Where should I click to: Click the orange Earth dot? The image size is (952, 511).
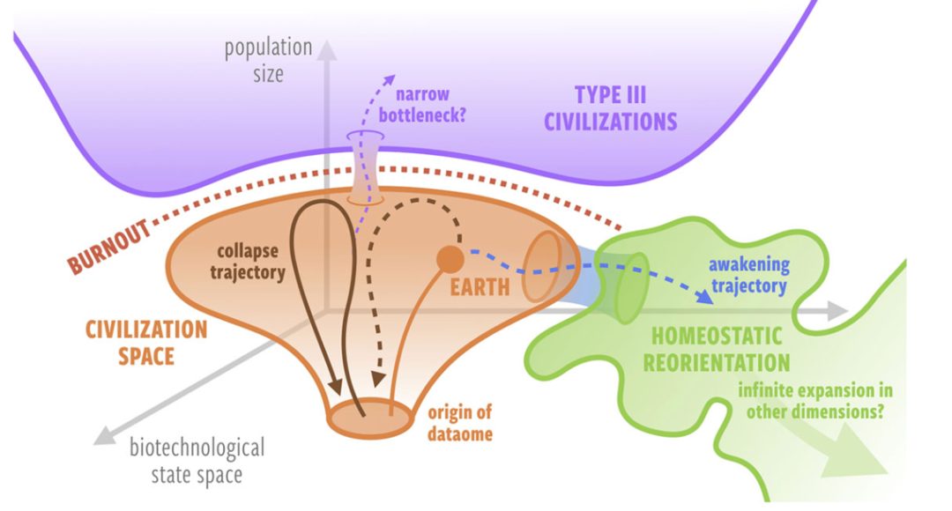(x=450, y=259)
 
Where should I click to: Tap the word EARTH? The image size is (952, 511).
(x=480, y=287)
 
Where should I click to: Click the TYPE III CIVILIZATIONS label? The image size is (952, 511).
(x=610, y=108)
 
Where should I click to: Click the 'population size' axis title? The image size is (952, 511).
(x=268, y=60)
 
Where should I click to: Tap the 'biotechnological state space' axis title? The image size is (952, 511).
(x=197, y=461)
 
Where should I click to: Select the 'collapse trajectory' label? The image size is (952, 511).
(x=248, y=262)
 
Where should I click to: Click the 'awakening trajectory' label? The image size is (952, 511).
(x=749, y=275)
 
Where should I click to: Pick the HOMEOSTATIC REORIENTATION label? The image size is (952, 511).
(x=717, y=350)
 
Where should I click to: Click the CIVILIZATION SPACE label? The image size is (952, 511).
(x=146, y=343)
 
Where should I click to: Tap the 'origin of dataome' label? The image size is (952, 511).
(x=459, y=423)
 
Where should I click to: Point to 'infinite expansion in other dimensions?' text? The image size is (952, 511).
(x=815, y=401)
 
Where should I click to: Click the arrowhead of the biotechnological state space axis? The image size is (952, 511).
(x=104, y=435)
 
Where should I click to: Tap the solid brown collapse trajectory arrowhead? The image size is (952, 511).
(x=335, y=386)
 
